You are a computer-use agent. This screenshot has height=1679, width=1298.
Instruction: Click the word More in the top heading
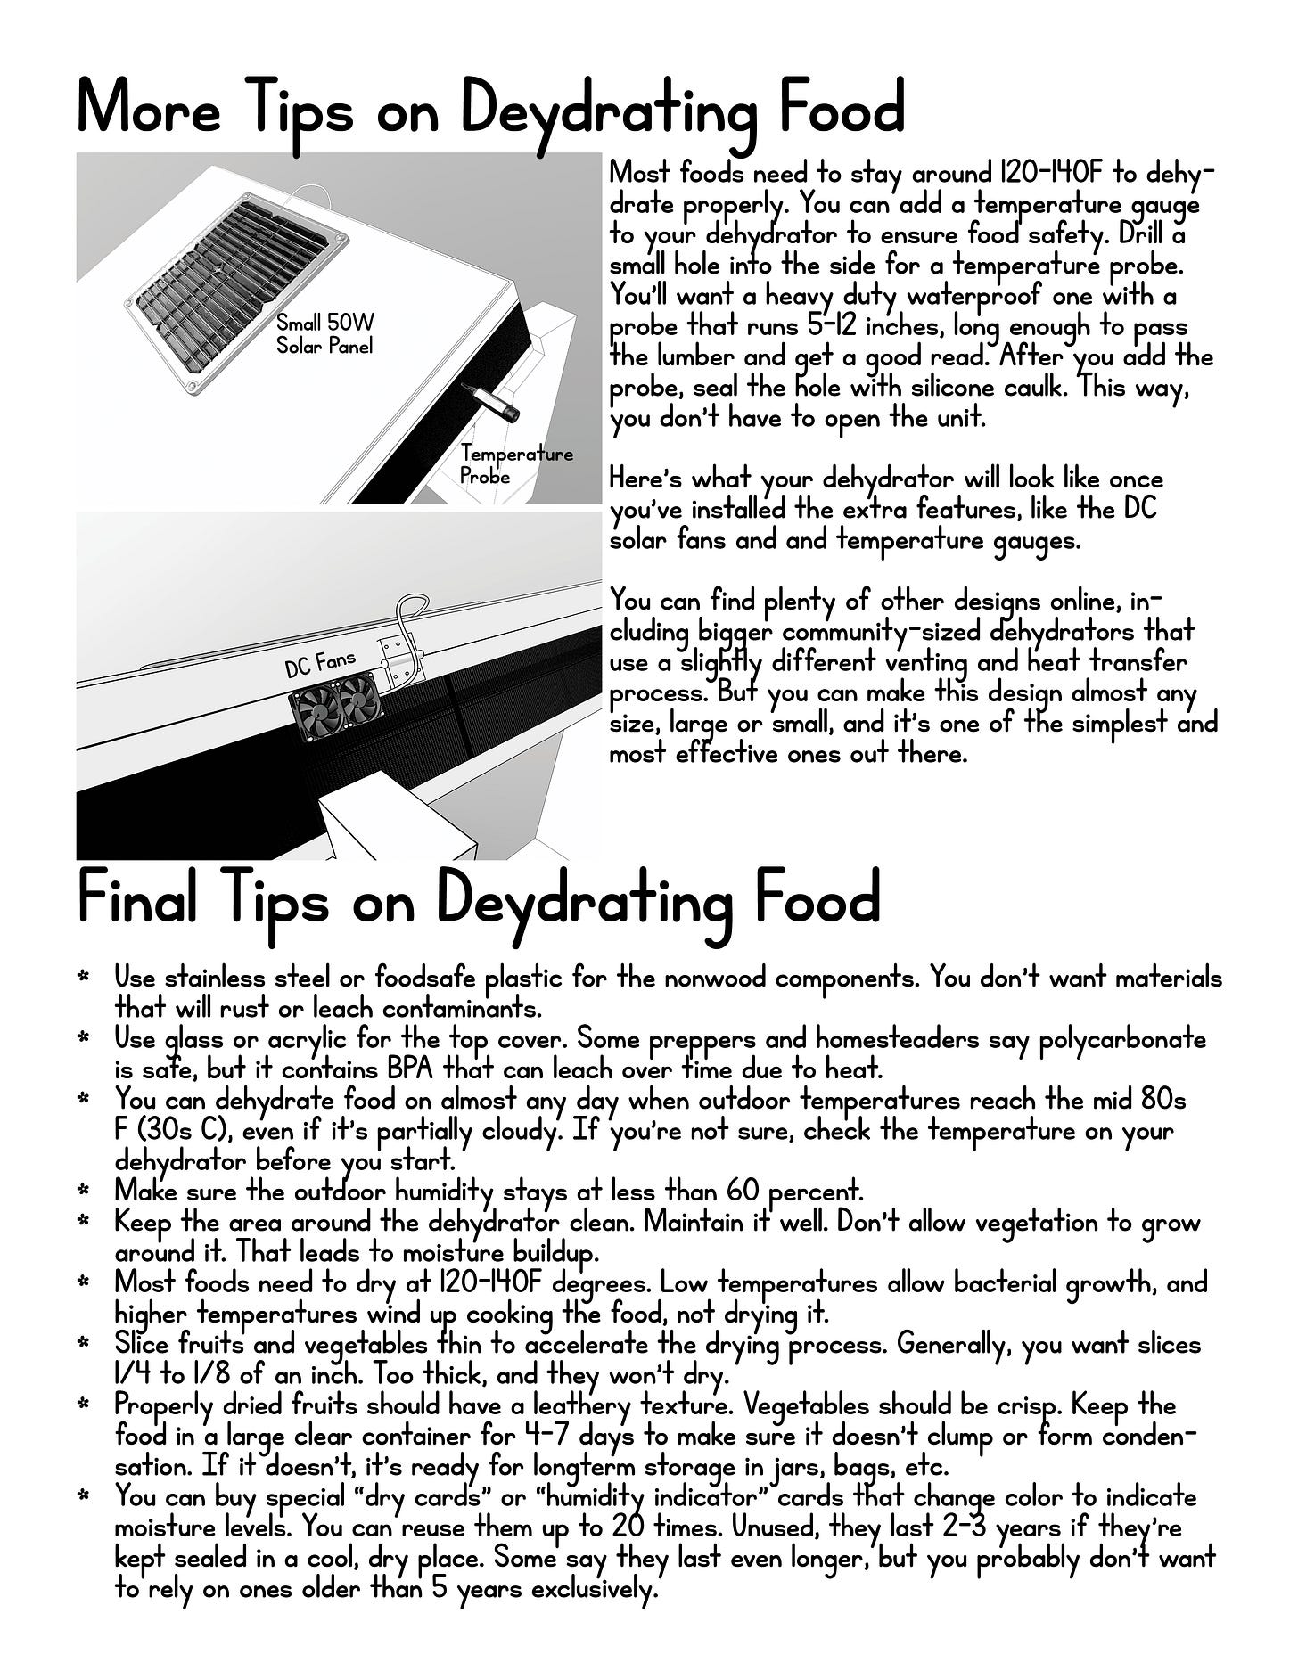coord(148,109)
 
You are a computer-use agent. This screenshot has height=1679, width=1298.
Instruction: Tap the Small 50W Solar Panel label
coord(324,334)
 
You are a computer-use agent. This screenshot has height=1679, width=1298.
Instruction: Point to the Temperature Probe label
coord(516,464)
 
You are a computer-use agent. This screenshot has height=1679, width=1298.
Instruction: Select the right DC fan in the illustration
coord(358,697)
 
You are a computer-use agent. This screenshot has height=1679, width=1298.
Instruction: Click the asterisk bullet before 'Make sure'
coord(85,1191)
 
